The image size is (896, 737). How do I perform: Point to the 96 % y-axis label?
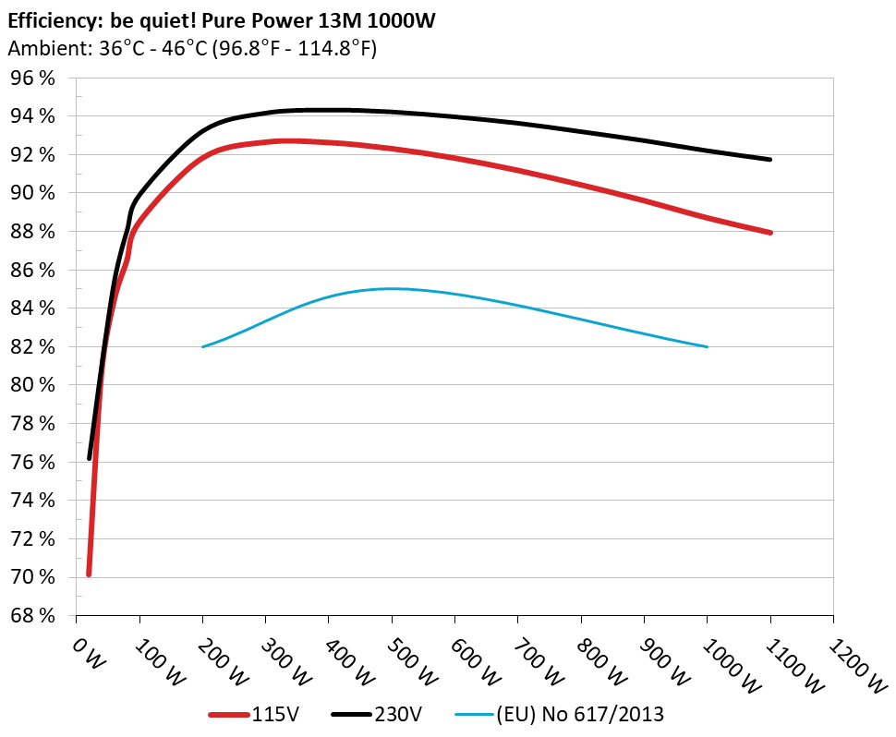32,79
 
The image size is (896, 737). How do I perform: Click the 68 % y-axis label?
32,615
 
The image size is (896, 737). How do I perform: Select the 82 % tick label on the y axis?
32,346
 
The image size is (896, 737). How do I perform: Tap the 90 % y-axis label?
32,193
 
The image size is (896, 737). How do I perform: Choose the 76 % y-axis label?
32,462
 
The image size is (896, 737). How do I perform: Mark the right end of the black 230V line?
769,160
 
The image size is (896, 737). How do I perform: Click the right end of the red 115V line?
769,233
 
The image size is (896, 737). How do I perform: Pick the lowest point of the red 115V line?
89,574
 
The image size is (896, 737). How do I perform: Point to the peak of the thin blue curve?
392,288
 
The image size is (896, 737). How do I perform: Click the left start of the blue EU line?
202,346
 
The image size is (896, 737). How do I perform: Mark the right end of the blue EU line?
707,346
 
